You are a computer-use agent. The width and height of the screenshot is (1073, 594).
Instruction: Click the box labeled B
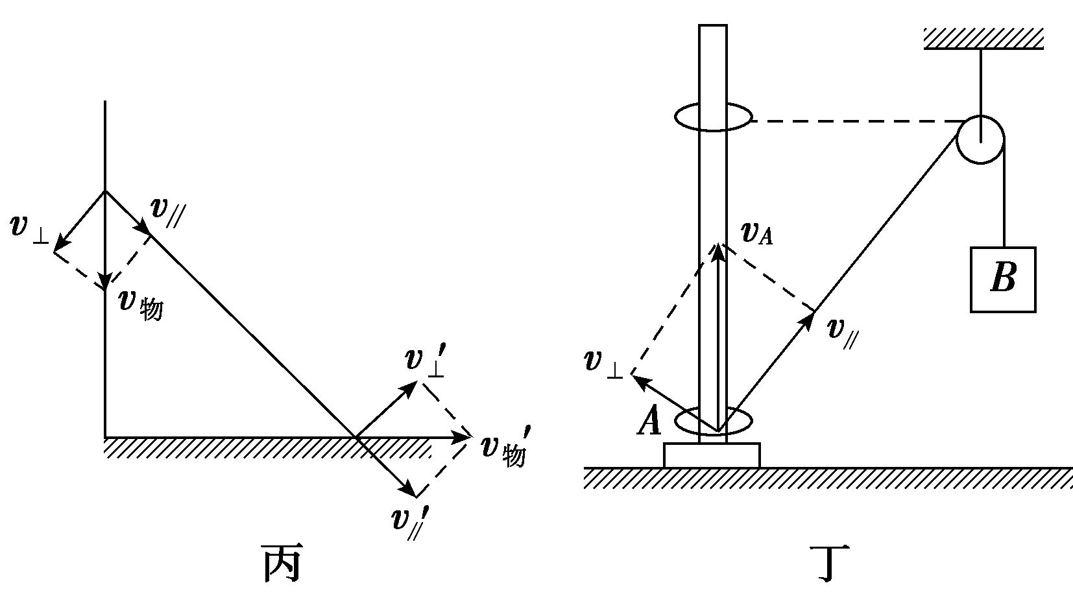[1002, 279]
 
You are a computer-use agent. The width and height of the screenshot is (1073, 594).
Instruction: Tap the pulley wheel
[980, 139]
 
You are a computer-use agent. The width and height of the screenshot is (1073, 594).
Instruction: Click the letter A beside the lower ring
[649, 422]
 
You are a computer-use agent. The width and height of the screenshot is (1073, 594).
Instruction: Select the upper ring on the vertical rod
[714, 118]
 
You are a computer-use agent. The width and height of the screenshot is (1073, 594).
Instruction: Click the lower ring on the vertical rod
[714, 422]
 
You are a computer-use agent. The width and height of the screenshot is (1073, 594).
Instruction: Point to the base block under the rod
[712, 455]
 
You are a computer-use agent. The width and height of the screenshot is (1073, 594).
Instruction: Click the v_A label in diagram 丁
[756, 235]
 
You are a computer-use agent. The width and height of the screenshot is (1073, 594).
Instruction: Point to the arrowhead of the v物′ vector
[462, 438]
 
